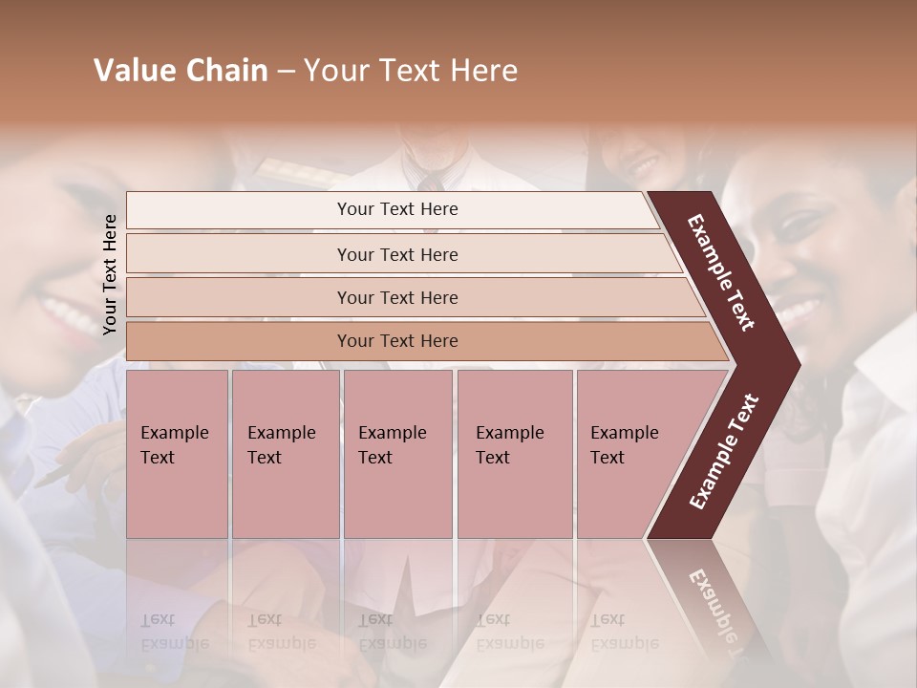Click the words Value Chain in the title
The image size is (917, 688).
(181, 71)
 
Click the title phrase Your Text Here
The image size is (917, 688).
(411, 71)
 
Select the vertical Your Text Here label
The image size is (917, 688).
(110, 274)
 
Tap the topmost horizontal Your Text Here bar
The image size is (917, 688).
(396, 209)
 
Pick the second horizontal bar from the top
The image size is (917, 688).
(396, 254)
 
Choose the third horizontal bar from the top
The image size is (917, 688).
(396, 297)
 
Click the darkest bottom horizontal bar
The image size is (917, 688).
(396, 341)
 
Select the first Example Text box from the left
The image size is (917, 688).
(177, 453)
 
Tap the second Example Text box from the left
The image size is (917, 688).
(285, 453)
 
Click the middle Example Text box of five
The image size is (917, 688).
(397, 453)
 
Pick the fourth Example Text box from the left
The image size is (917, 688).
(514, 453)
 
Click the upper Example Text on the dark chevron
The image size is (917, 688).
(721, 272)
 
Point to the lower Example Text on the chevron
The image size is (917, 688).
(723, 452)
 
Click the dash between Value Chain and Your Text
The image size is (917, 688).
(286, 72)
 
